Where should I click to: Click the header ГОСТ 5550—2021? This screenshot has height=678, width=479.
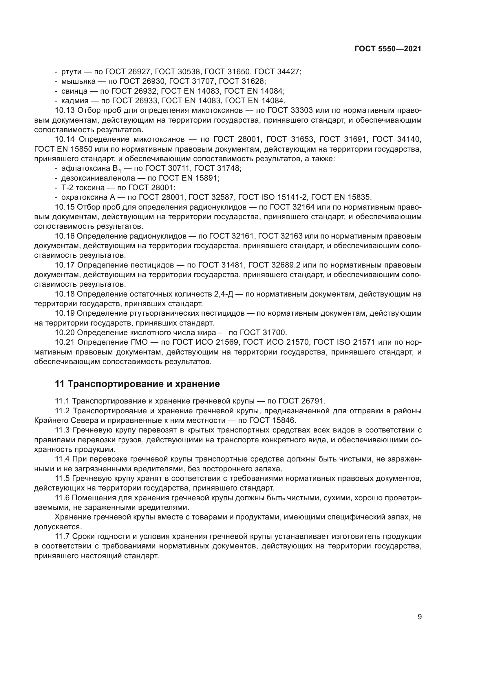click(x=388, y=49)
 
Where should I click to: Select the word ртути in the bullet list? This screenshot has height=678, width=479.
click(x=71, y=72)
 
